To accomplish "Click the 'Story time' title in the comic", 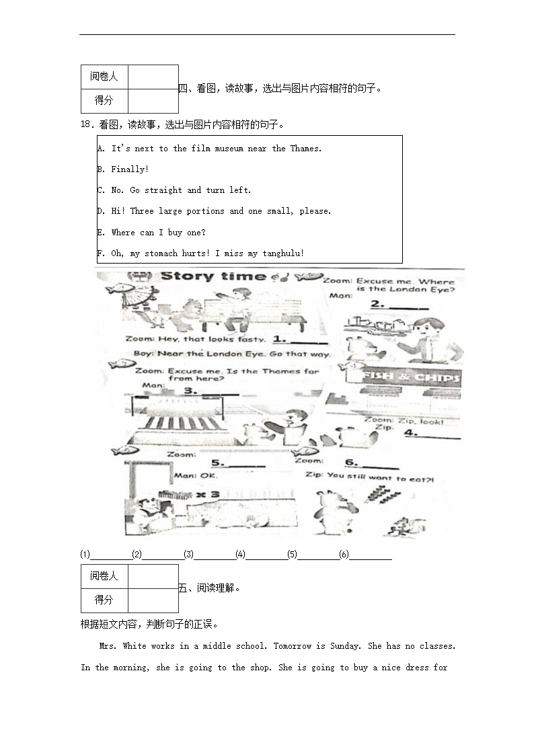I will point(214,276).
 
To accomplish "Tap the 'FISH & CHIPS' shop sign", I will point(411,378).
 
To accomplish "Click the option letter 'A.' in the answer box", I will point(101,149).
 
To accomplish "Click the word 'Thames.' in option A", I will point(306,149).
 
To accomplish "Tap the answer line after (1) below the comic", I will point(111,555).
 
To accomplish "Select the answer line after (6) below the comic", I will point(371,555).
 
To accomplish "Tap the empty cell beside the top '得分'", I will point(153,101).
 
